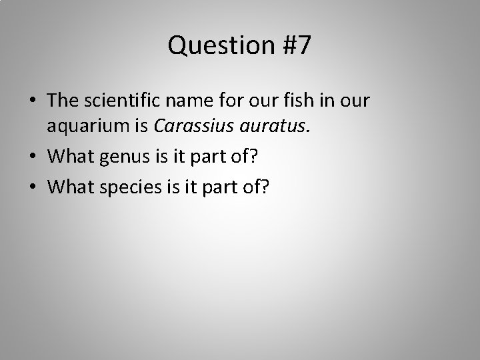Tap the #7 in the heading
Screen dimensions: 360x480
[294, 45]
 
